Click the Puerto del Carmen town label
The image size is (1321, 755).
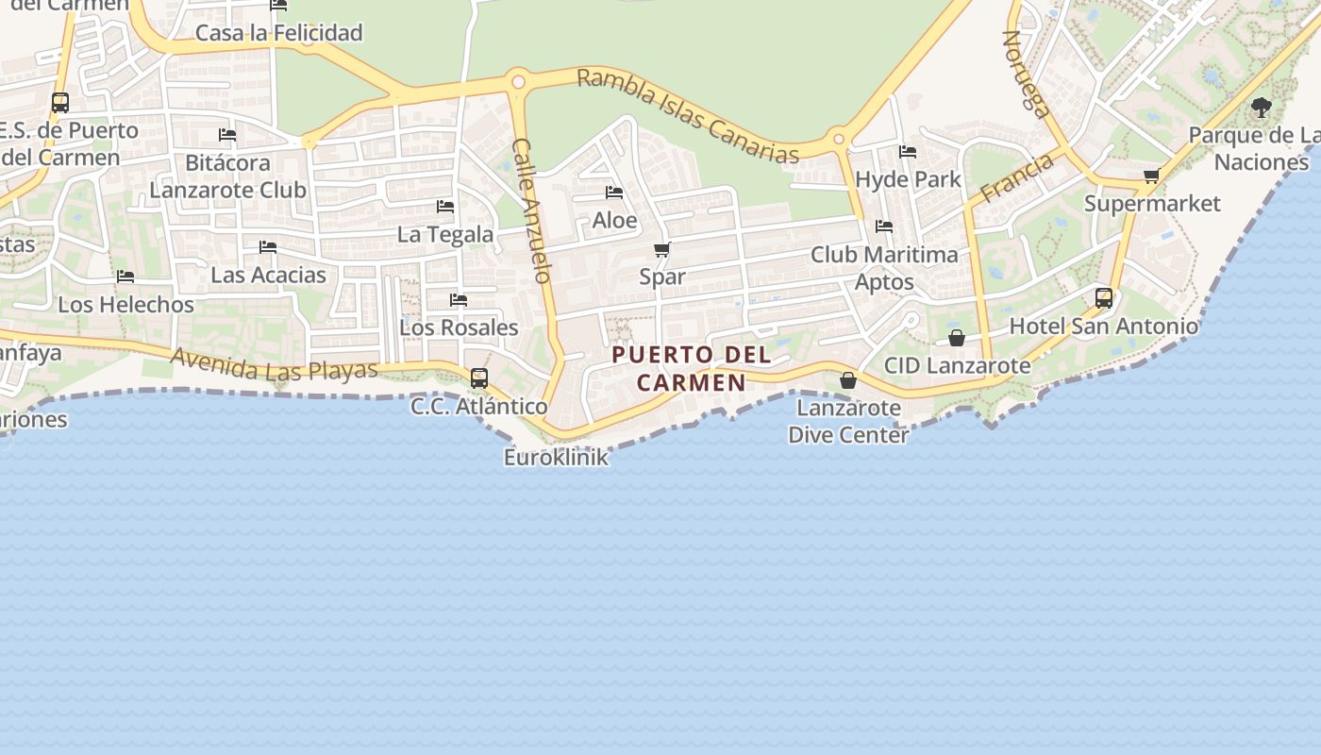(x=692, y=369)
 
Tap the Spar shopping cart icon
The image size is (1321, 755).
(x=662, y=250)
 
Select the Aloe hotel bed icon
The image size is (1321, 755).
(x=614, y=193)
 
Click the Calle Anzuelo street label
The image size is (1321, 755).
(x=530, y=210)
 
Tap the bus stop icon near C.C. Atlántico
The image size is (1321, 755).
(x=479, y=378)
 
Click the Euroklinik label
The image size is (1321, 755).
(x=556, y=458)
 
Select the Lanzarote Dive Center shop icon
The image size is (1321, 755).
(x=848, y=380)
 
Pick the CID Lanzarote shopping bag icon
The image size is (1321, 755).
(x=957, y=338)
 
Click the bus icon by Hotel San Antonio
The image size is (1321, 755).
(x=1103, y=298)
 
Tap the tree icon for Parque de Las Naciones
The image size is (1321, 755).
(x=1262, y=108)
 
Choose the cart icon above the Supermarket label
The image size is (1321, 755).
(x=1151, y=176)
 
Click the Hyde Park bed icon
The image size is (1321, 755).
(x=908, y=151)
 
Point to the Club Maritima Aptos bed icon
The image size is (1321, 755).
(x=884, y=226)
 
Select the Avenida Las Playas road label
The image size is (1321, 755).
(x=275, y=366)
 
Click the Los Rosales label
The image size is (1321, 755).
(x=459, y=327)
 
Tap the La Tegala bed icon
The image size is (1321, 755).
(x=445, y=207)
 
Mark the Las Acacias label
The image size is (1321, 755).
(x=268, y=276)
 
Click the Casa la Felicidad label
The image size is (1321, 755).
(x=278, y=33)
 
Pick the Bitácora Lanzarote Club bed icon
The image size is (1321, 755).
(x=227, y=135)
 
